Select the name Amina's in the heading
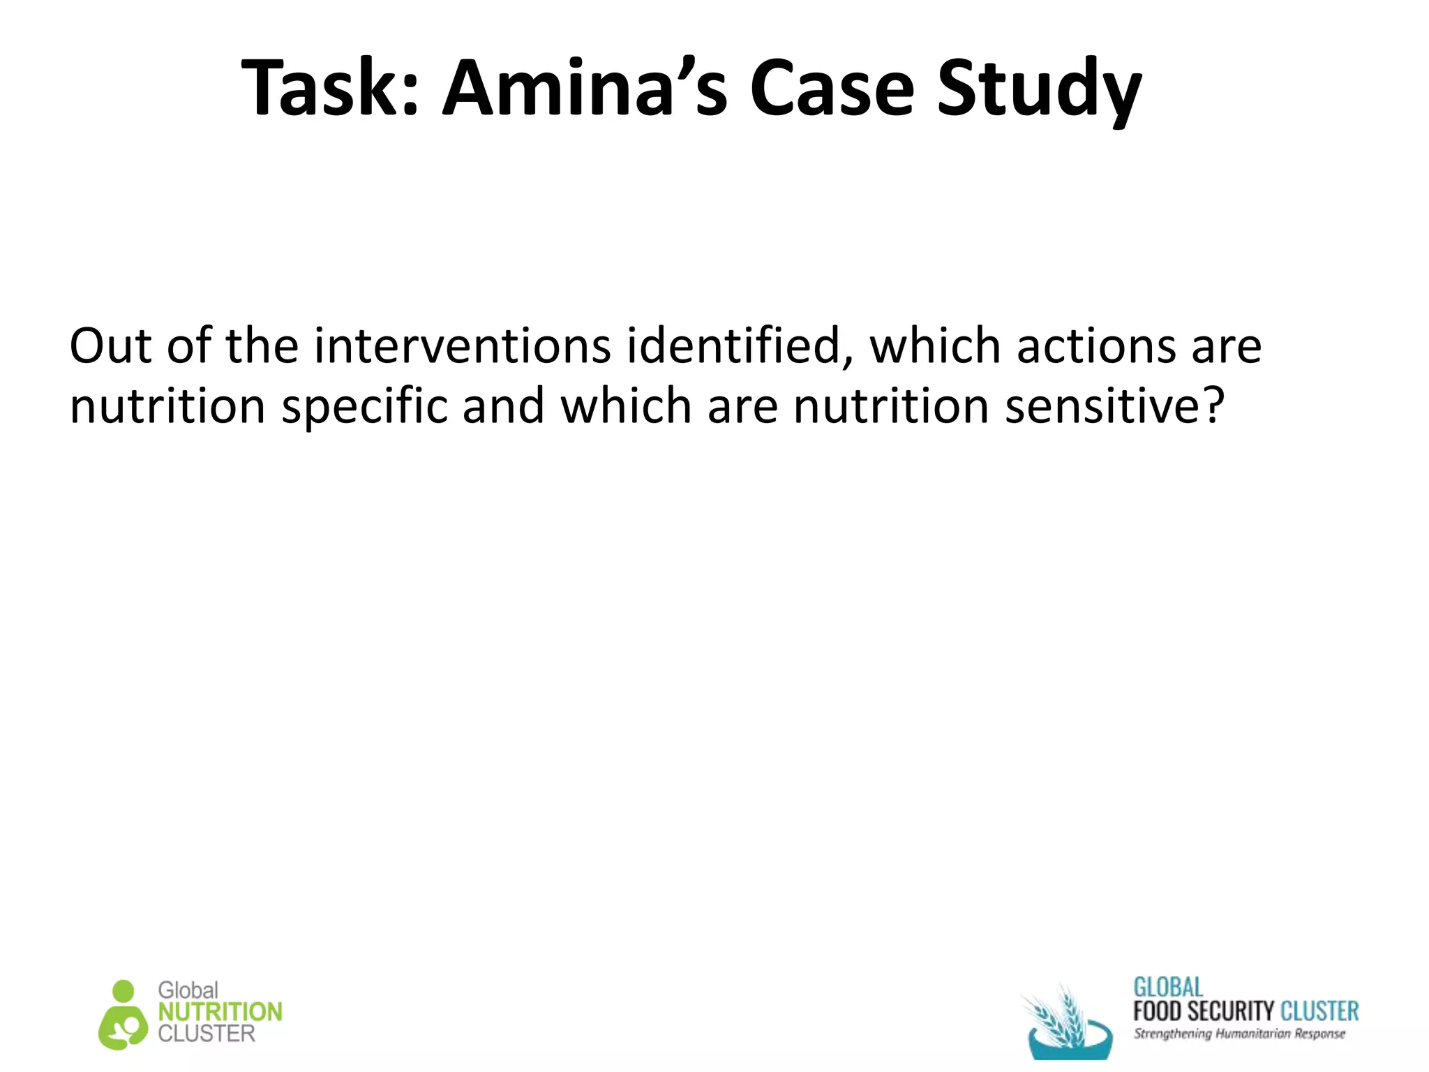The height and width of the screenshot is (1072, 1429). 585,89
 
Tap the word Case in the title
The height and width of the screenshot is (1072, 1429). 831,89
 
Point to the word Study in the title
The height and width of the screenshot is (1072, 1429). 1038,91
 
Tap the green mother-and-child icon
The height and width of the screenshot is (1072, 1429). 124,1015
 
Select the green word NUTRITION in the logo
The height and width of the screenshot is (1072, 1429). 220,1012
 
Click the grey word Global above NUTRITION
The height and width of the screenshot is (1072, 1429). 188,990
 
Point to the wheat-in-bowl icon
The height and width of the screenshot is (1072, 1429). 1066,1022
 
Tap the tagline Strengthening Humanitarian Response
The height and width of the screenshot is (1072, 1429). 1239,1034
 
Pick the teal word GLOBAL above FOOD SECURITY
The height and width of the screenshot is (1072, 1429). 1168,988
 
